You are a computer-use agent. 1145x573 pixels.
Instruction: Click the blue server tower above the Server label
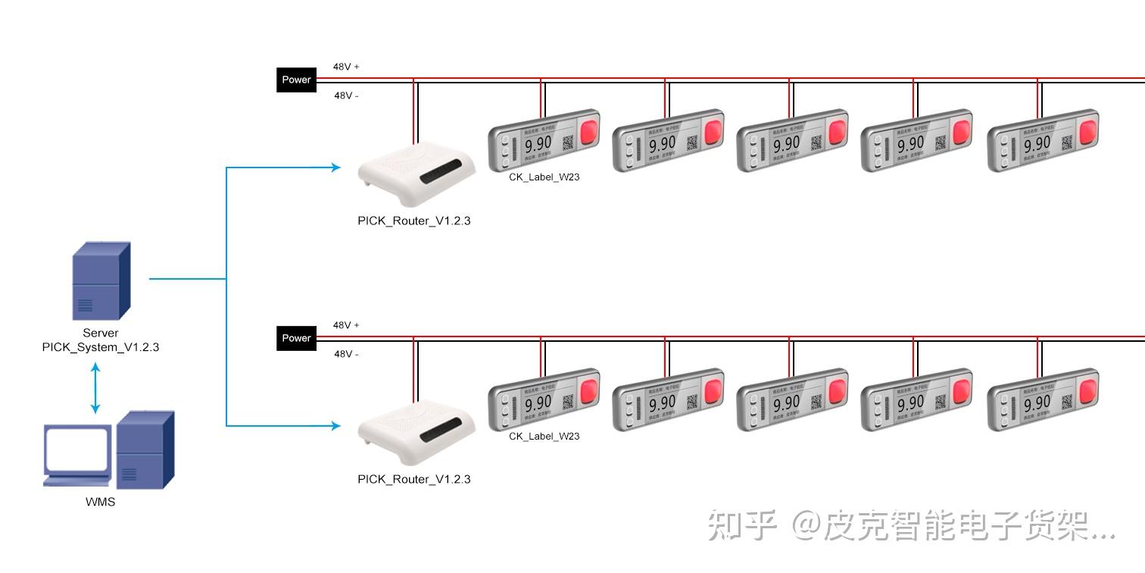101,281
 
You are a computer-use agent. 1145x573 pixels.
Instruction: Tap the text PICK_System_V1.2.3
101,347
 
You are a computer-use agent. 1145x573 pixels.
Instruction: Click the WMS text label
100,502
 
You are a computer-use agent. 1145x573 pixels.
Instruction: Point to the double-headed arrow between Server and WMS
95,388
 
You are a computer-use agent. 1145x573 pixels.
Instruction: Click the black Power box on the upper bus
296,80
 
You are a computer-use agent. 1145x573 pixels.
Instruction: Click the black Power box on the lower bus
296,338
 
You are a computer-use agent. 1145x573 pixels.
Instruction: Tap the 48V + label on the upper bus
346,67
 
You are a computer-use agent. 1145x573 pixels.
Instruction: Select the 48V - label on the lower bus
346,354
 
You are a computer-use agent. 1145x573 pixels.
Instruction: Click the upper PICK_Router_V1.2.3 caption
414,221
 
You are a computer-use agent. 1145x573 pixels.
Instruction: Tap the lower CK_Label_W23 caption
544,436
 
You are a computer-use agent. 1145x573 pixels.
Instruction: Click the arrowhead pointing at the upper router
335,168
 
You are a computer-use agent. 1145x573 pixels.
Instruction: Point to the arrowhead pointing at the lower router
335,426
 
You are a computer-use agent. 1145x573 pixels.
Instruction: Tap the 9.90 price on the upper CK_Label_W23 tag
538,144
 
